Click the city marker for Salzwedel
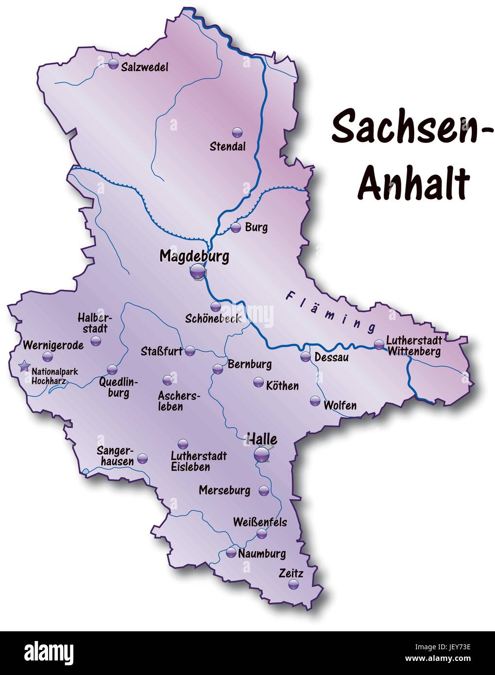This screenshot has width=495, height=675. click(113, 64)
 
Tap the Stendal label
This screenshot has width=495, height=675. click(227, 146)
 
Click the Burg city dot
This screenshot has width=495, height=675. click(236, 227)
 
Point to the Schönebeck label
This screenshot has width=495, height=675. click(213, 319)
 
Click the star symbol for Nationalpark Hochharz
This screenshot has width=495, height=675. click(23, 367)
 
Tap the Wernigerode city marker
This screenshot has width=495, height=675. click(47, 357)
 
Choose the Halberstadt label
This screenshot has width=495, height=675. click(94, 322)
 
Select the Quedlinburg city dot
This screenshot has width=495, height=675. click(112, 369)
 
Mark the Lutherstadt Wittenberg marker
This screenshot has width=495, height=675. click(379, 345)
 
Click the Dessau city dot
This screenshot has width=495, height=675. click(305, 357)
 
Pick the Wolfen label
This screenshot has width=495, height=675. click(340, 405)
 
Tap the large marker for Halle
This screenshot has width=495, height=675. click(261, 455)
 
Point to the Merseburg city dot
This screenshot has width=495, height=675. click(263, 490)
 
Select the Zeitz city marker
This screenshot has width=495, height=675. click(293, 585)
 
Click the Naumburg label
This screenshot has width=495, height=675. click(262, 554)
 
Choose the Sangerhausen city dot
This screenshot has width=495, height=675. click(142, 458)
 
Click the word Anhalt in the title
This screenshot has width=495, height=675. click(414, 183)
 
